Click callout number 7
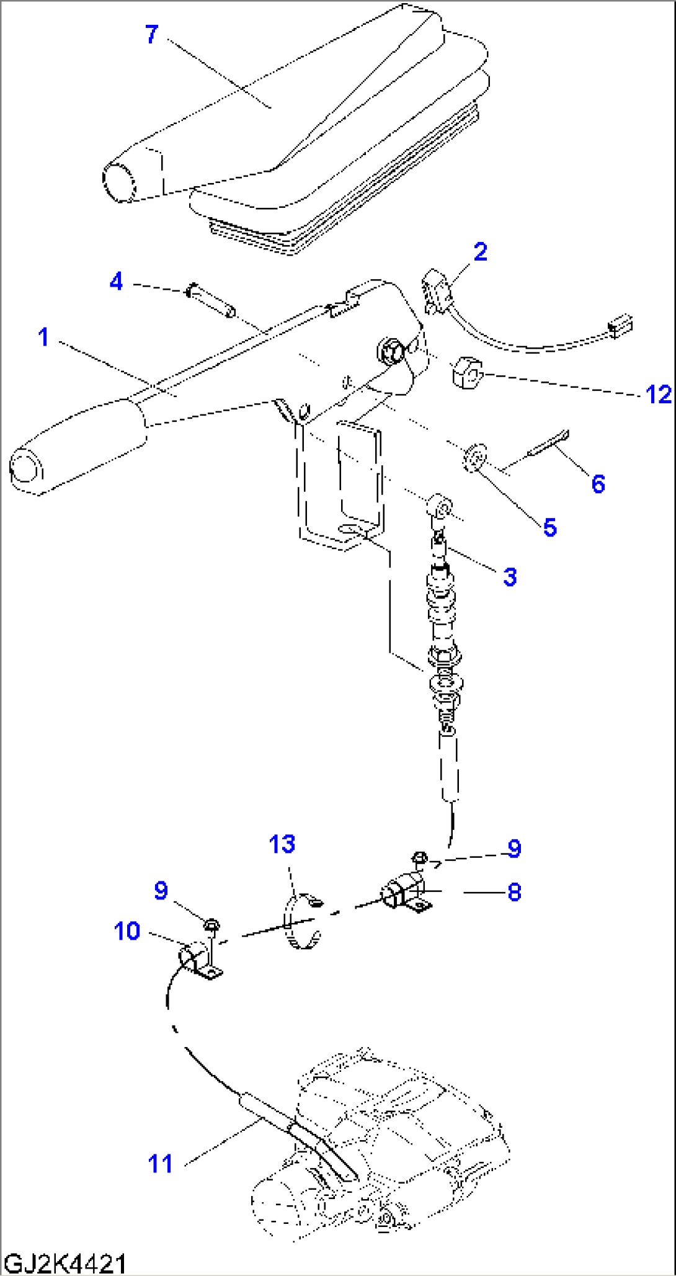coord(152,34)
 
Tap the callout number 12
coord(658,395)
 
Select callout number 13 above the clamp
coord(282,844)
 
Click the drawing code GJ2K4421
coord(64,1264)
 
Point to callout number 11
coord(160,1164)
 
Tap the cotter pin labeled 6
coord(548,446)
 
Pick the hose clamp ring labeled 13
coord(301,922)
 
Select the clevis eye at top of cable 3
coord(441,507)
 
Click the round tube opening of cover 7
coord(118,181)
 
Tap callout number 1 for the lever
coord(43,337)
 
